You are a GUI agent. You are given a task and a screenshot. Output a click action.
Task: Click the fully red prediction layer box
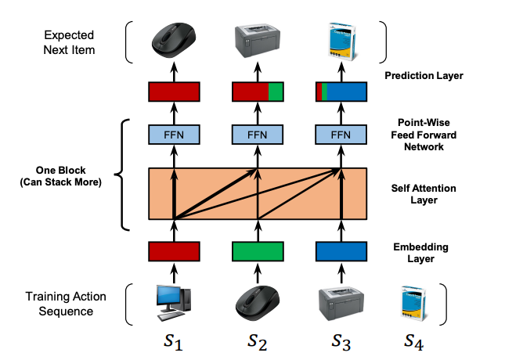[x=175, y=92]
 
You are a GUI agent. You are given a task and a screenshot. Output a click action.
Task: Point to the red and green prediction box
[x=258, y=92]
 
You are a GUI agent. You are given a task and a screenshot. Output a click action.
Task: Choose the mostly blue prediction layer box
[x=341, y=92]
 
